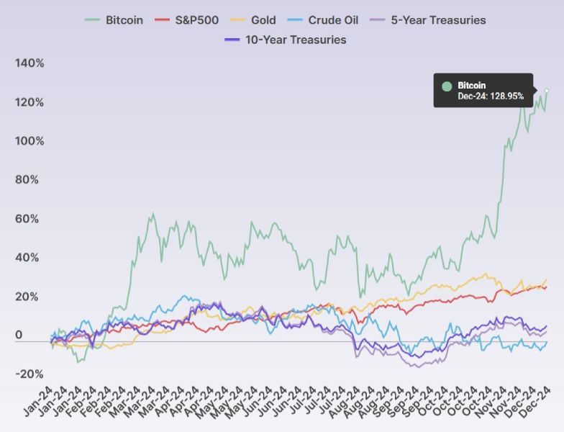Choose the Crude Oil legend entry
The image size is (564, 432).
tap(331, 19)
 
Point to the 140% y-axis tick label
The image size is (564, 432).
tap(29, 63)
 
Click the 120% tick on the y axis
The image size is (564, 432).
tap(29, 102)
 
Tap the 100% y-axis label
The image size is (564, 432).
tap(29, 141)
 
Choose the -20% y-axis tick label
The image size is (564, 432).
tap(29, 374)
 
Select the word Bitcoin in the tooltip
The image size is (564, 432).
tap(472, 85)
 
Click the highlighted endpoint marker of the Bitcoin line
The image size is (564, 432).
tap(547, 91)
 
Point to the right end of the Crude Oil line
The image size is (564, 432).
tap(547, 342)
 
